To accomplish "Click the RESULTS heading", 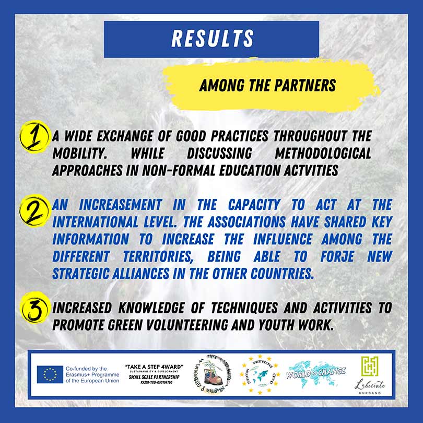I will click(211, 39).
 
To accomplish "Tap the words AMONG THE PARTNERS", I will click(267, 85).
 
